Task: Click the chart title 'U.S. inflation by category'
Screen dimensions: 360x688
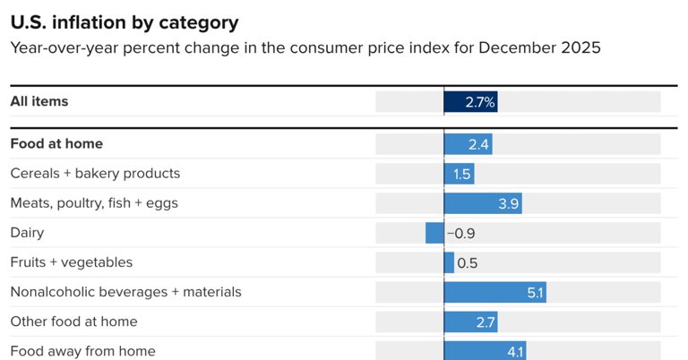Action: (125, 21)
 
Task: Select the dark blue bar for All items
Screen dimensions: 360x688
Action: (470, 102)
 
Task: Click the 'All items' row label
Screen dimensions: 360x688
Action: (39, 101)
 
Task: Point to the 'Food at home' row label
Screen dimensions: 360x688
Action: (56, 143)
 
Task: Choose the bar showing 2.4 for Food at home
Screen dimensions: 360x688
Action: (468, 144)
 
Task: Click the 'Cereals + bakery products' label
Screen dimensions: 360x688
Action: (95, 173)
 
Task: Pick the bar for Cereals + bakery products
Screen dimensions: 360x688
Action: (459, 174)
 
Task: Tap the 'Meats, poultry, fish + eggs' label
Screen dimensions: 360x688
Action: (94, 202)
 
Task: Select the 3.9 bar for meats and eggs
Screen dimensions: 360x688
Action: (483, 203)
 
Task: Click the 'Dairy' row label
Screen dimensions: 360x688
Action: (27, 232)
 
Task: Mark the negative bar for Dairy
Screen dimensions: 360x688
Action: (434, 233)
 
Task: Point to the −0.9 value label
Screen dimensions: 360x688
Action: (460, 233)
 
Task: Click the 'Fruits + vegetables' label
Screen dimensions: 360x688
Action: (72, 261)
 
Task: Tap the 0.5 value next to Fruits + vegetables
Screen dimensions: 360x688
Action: (467, 262)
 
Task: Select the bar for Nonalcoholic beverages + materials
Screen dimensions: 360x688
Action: (494, 292)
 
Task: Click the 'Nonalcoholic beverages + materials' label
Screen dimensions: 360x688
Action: (125, 291)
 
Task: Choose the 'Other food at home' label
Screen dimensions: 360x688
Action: (73, 321)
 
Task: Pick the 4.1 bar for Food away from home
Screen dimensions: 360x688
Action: (485, 350)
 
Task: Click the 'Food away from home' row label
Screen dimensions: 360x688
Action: (82, 350)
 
